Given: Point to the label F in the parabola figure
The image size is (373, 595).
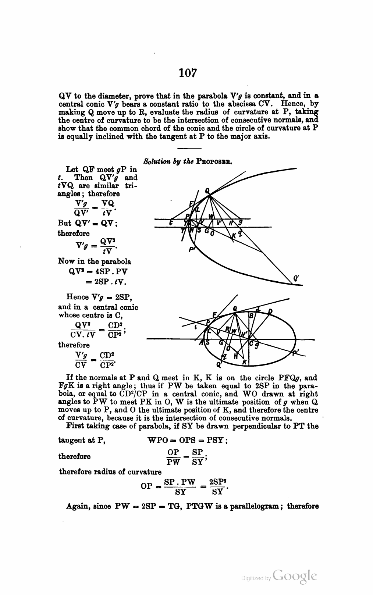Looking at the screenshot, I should (x=191, y=204).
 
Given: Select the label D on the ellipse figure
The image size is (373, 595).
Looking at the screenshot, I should (x=270, y=311).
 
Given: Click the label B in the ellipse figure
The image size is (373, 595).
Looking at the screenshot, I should (x=252, y=316).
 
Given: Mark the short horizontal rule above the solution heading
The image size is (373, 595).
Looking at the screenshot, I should (x=189, y=149).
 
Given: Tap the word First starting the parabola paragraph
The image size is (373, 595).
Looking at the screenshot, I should (x=75, y=426).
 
